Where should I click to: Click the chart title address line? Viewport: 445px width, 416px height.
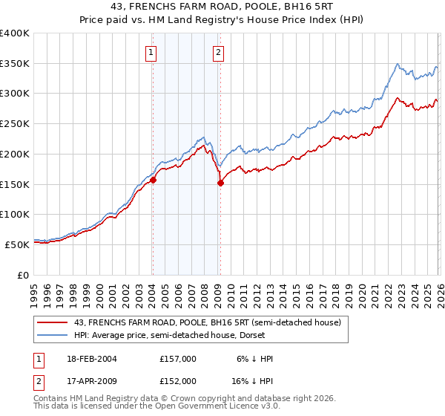pyautogui.click(x=222, y=7)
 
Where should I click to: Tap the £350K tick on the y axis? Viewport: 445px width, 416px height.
pyautogui.click(x=15, y=64)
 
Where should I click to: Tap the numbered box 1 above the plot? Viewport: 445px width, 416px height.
pyautogui.click(x=151, y=52)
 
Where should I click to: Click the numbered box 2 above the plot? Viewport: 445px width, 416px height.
pyautogui.click(x=220, y=52)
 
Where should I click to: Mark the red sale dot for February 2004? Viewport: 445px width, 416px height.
pyautogui.click(x=153, y=180)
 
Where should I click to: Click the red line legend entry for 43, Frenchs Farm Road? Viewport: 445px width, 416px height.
pyautogui.click(x=207, y=322)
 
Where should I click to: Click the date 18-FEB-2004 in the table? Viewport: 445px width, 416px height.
pyautogui.click(x=90, y=359)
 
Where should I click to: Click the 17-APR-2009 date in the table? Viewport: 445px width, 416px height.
pyautogui.click(x=90, y=381)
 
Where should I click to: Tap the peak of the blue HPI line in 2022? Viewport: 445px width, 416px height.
pyautogui.click(x=398, y=64)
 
